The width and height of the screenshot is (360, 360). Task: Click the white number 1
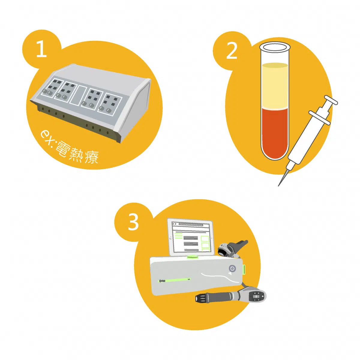pyautogui.click(x=42, y=49)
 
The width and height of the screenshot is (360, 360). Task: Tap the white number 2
pyautogui.click(x=232, y=51)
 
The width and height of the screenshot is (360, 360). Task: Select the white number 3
pyautogui.click(x=133, y=222)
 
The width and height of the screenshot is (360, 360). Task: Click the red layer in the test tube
pyautogui.click(x=274, y=133)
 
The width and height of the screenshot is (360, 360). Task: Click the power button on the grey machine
pyautogui.click(x=232, y=268)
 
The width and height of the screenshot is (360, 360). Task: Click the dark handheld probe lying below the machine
pyautogui.click(x=231, y=297)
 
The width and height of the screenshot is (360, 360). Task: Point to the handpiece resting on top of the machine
pyautogui.click(x=232, y=248)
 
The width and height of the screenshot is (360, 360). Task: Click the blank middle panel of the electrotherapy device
pyautogui.click(x=78, y=95)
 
